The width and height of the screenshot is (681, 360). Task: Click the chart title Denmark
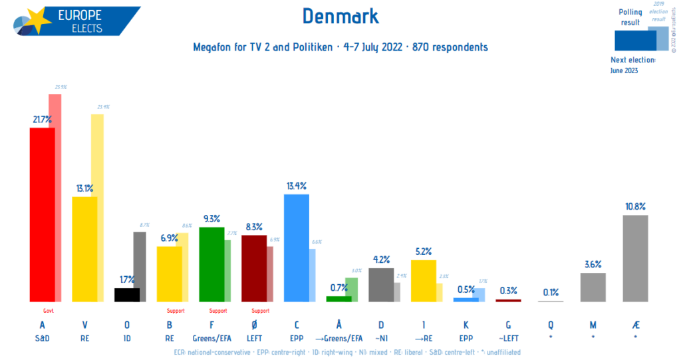340,16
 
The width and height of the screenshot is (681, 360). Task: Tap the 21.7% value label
42,119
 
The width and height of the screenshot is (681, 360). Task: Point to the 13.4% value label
296,185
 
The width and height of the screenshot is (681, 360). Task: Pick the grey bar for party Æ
634,258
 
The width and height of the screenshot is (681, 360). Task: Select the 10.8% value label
634,206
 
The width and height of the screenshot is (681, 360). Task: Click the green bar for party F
211,264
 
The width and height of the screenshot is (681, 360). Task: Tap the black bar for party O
127,295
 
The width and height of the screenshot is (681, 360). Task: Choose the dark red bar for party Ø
253,268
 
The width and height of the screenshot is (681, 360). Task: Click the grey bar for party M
593,287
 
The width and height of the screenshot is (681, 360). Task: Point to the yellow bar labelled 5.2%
423,280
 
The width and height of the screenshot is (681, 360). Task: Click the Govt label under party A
48,310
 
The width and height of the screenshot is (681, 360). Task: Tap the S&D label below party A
42,338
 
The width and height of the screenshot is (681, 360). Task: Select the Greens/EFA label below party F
211,338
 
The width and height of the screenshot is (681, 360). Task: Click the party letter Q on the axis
550,325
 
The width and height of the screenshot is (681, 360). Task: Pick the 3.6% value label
593,264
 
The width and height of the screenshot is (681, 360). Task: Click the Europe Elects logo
73,20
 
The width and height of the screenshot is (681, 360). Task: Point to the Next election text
632,60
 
